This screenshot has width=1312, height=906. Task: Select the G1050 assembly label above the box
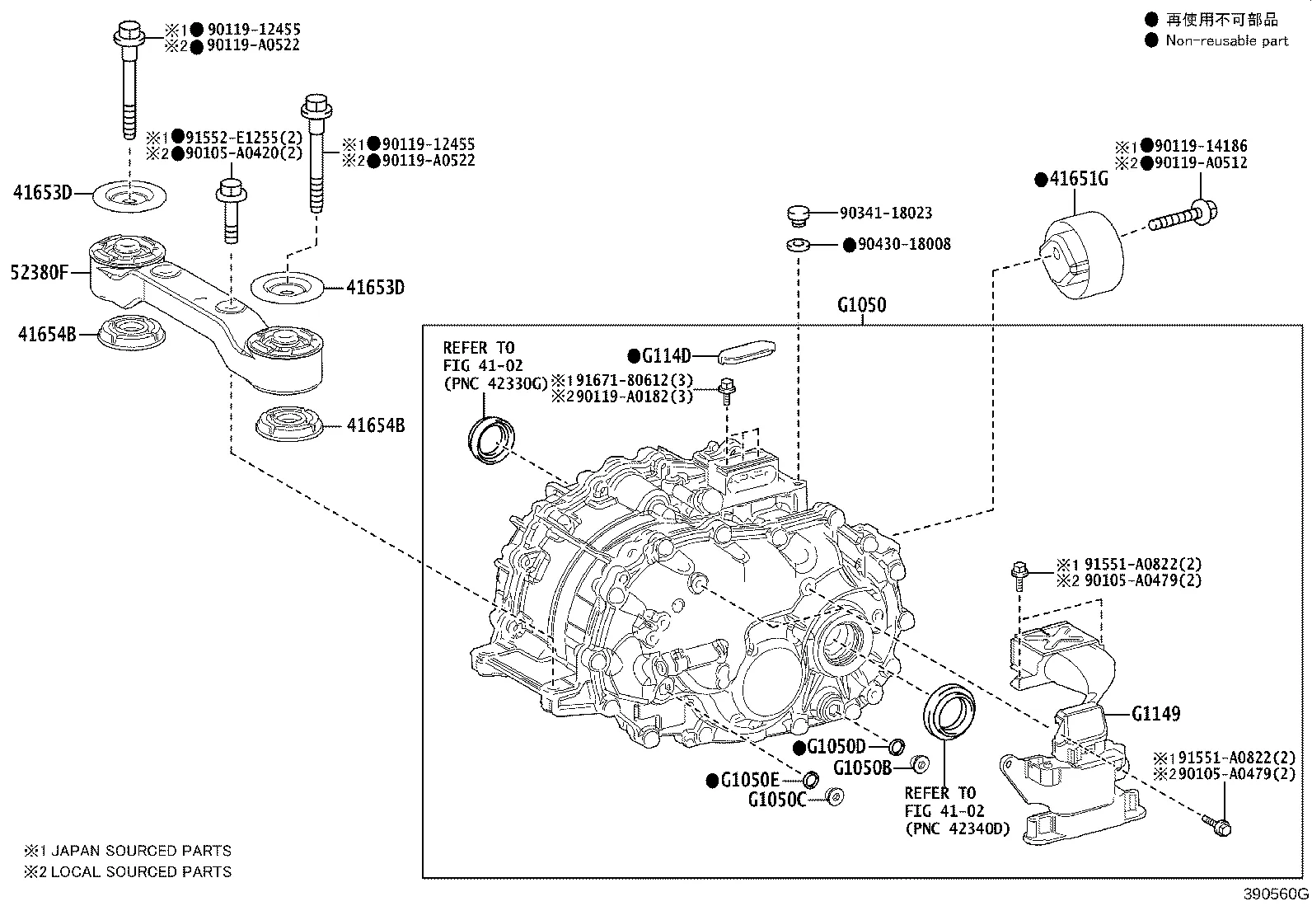pyautogui.click(x=861, y=305)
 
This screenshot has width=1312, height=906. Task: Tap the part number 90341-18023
pyautogui.click(x=886, y=213)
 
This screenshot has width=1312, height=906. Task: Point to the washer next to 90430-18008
pyautogui.click(x=797, y=245)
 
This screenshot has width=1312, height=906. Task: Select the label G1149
pyautogui.click(x=1155, y=714)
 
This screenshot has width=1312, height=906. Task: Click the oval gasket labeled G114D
pyautogui.click(x=747, y=354)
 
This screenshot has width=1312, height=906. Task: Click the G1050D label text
pyautogui.click(x=836, y=747)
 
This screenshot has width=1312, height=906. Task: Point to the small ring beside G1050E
pyautogui.click(x=810, y=780)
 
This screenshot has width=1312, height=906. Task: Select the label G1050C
pyautogui.click(x=777, y=799)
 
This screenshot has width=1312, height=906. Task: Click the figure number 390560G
pyautogui.click(x=1276, y=894)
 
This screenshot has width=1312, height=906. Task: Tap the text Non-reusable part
pyautogui.click(x=1226, y=40)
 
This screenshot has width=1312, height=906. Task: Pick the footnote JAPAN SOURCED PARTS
pyautogui.click(x=140, y=851)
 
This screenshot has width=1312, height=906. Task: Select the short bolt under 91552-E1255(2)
pyautogui.click(x=228, y=213)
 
